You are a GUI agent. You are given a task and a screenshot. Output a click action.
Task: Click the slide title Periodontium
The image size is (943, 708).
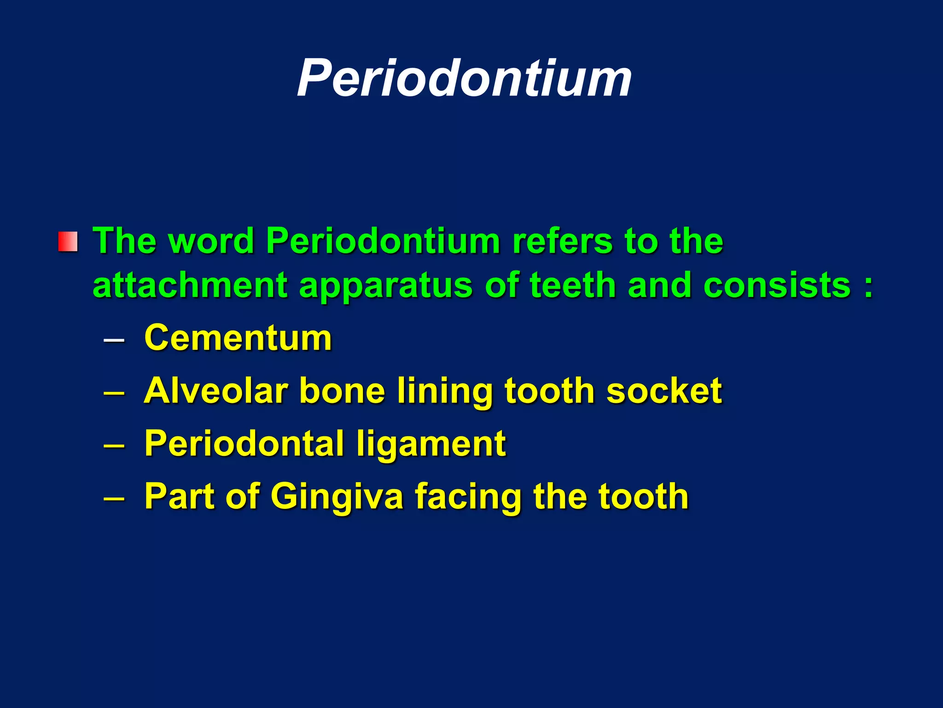(464, 78)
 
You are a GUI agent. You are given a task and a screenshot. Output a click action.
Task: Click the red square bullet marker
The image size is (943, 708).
(68, 242)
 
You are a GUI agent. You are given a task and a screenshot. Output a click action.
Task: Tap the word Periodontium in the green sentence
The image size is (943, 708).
(383, 241)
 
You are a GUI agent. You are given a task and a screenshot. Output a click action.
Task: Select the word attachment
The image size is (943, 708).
(190, 285)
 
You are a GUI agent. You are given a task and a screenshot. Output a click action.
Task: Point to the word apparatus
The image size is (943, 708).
(386, 285)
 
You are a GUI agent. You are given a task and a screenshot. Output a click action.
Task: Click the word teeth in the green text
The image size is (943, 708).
(573, 284)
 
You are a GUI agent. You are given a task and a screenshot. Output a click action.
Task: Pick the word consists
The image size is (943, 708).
(777, 284)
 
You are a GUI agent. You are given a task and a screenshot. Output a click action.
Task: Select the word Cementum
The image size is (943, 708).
(238, 338)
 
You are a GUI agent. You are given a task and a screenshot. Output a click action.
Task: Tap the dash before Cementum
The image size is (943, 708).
(114, 341)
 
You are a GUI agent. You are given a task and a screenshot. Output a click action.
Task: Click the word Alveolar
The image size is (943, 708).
(216, 390)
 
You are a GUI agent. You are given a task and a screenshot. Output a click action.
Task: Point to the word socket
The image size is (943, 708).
(664, 390)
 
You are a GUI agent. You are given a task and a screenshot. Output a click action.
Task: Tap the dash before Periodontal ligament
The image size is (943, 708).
(114, 446)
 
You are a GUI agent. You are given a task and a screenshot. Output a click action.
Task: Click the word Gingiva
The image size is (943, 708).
(337, 496)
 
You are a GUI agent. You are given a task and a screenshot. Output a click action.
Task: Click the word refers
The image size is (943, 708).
(562, 241)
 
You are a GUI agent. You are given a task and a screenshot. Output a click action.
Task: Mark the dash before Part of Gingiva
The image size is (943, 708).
(114, 499)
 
